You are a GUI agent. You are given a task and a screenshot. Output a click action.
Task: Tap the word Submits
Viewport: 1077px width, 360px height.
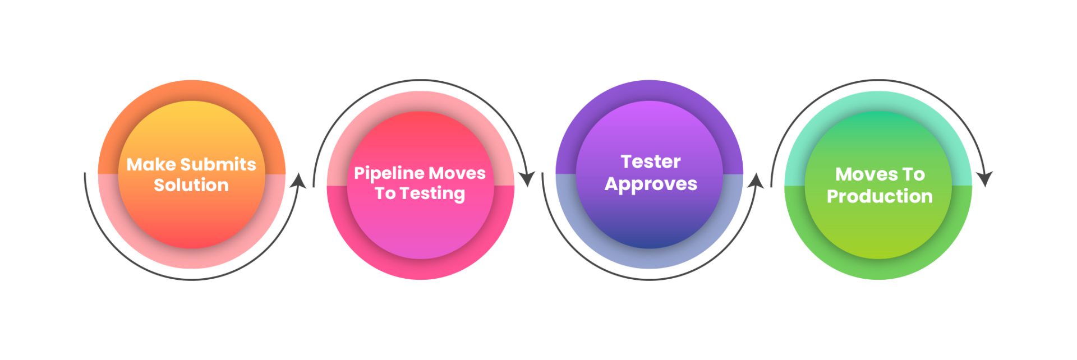tap(218, 164)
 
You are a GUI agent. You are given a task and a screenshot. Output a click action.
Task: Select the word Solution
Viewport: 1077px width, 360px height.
tap(191, 185)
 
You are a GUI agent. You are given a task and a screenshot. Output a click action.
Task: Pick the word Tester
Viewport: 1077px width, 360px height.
tap(651, 161)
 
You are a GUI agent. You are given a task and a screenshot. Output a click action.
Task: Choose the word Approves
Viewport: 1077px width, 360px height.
tap(651, 184)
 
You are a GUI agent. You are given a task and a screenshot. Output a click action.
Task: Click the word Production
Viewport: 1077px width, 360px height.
tap(880, 196)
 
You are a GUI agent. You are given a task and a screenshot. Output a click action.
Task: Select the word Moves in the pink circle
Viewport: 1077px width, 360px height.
tap(457, 173)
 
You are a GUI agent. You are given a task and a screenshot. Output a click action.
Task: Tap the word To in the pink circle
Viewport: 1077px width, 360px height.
tap(385, 193)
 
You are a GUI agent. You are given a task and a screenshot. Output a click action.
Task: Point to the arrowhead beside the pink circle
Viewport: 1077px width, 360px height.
tap(527, 179)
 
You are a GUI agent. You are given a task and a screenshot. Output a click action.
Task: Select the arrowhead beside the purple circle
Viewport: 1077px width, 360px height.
tap(756, 181)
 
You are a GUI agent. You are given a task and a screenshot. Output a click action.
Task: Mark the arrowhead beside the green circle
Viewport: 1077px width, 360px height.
tap(984, 179)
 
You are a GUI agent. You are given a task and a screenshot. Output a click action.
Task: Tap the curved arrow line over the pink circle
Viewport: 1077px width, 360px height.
tap(420, 80)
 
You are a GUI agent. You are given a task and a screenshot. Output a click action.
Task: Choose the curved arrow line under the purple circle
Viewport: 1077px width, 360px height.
tap(650, 279)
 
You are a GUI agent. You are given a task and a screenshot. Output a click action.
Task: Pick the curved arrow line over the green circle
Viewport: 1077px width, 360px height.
tap(878, 80)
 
